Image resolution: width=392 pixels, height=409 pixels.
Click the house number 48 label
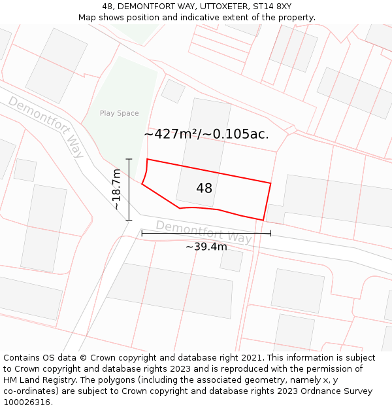pos(204,188)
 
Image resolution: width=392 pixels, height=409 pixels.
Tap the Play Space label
pos(119,113)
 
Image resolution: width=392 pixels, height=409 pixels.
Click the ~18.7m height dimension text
pos(117,189)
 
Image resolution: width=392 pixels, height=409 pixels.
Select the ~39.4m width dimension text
pos(206,247)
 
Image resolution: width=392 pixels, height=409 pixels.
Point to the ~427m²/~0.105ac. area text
pos(206,134)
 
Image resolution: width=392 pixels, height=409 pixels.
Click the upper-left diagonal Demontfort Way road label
pos(46,126)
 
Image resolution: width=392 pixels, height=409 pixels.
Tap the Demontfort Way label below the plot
pos(203,232)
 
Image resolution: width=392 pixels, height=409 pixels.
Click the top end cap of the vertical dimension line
pos(129,159)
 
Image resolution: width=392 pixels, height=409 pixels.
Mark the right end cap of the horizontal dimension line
pos(270,233)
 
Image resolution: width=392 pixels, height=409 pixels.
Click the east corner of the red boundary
pos(270,183)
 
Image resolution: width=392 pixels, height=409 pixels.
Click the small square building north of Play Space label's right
pos(173,91)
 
